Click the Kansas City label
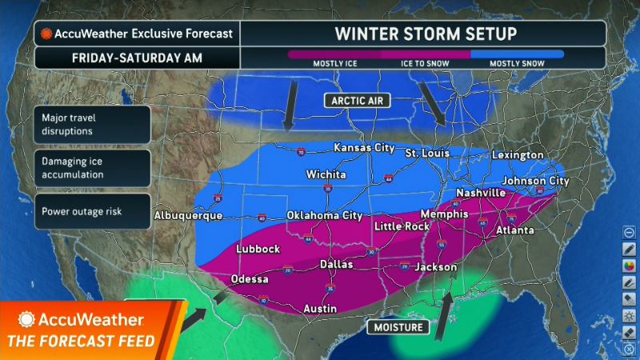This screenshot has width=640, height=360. tap(365, 148)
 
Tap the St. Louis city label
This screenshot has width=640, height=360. tap(426, 153)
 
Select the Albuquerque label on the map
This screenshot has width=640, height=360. tap(187, 216)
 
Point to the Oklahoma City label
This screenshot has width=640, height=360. tap(325, 215)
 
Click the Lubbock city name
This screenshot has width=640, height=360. tap(258, 249)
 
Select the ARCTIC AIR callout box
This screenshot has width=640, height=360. tap(355, 100)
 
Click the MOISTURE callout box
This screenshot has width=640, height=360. tap(398, 327)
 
